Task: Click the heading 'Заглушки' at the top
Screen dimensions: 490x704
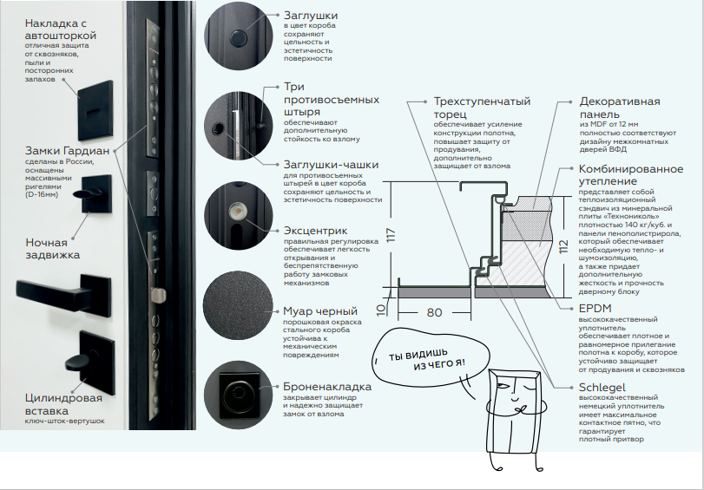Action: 311,16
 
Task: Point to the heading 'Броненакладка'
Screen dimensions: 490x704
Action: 328,386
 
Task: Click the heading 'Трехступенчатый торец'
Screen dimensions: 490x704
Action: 482,108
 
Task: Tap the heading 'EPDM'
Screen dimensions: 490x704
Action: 595,307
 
